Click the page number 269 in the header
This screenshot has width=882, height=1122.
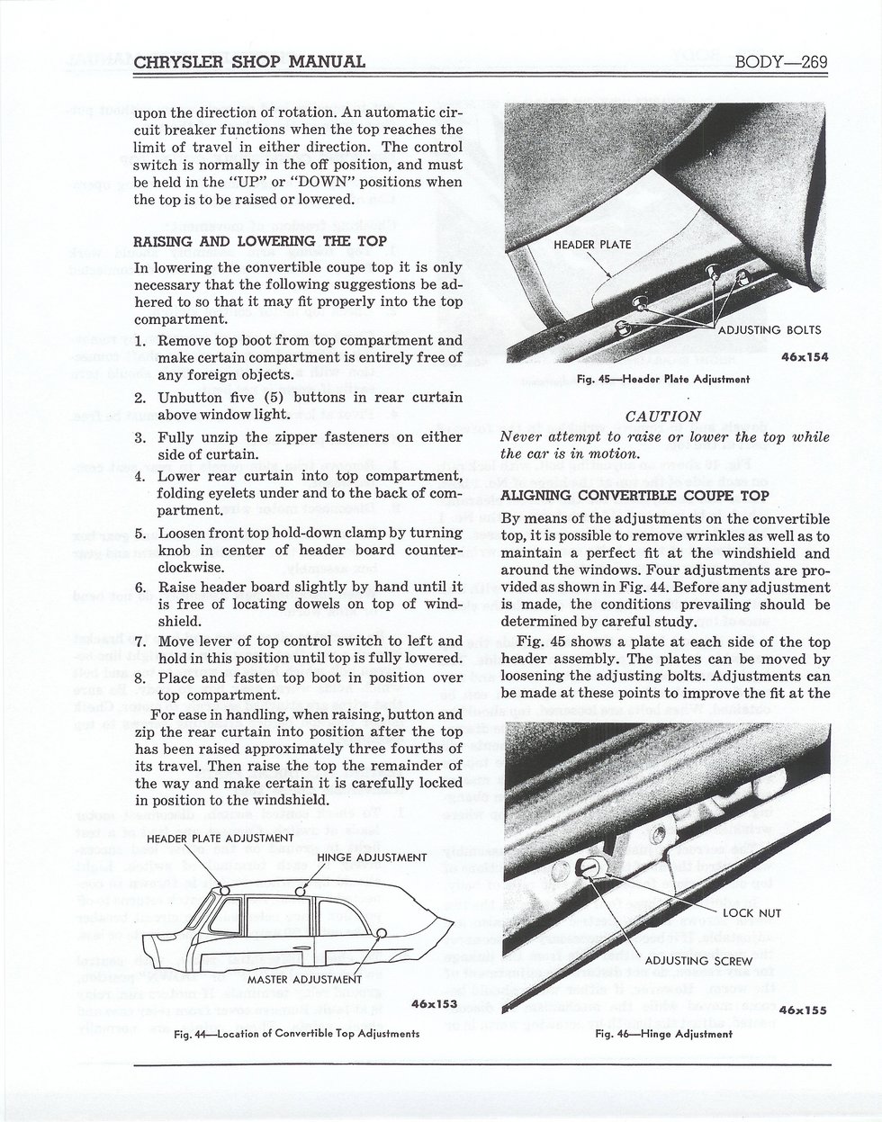(x=812, y=62)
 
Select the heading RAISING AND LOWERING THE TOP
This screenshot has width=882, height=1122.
(x=260, y=241)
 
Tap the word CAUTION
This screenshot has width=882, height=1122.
(x=663, y=417)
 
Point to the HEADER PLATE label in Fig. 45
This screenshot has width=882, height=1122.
(x=592, y=244)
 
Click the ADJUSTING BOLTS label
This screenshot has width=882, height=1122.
(x=769, y=330)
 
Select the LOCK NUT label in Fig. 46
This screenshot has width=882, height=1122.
(x=751, y=913)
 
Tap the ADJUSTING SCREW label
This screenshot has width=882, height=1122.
(x=698, y=961)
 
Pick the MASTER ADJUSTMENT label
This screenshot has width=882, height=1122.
(x=305, y=980)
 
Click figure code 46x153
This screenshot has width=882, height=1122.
(x=435, y=1003)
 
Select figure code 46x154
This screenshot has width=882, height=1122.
(x=805, y=357)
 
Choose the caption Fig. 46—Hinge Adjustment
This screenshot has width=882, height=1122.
(x=663, y=1034)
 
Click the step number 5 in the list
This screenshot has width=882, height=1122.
(x=139, y=534)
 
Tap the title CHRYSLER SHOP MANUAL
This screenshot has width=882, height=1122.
(x=249, y=62)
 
